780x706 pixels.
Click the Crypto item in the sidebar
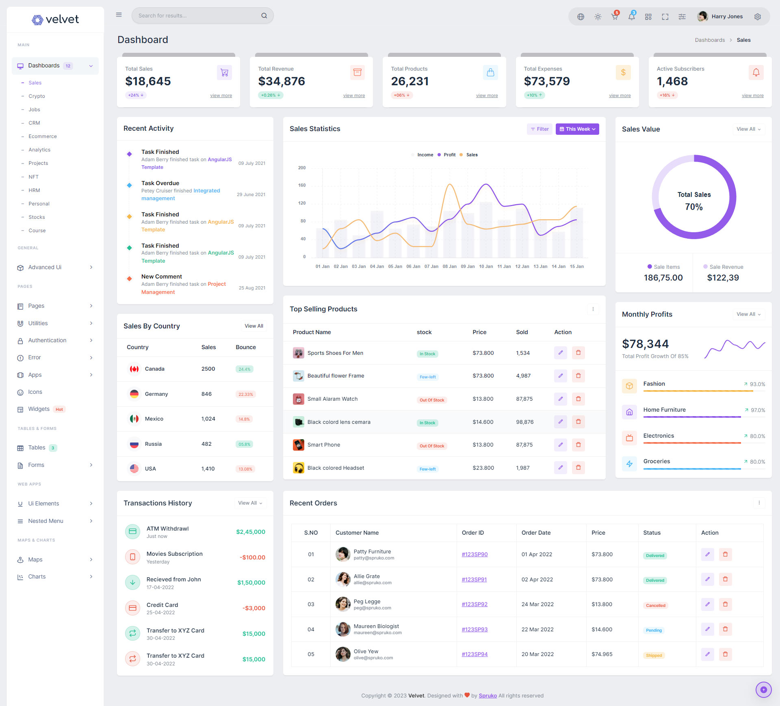coord(37,96)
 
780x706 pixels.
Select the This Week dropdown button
coord(577,129)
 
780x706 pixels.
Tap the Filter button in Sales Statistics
coord(540,129)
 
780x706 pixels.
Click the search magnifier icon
coord(264,16)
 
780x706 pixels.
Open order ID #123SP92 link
coord(474,604)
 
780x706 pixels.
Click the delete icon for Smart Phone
coord(578,445)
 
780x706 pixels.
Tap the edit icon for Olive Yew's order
coord(707,654)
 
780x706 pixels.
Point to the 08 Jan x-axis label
coord(449,266)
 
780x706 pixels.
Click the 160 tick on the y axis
coord(302,185)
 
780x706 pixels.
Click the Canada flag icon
coord(134,369)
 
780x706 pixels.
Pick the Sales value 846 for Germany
coord(206,394)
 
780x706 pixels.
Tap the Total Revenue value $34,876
coord(282,81)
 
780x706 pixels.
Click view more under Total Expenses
coord(620,95)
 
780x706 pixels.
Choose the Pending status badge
coord(654,630)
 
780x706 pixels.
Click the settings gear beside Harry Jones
coord(757,17)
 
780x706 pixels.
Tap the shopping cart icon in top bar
coord(614,17)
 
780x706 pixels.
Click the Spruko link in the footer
coord(487,695)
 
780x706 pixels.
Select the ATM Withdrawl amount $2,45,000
coord(251,532)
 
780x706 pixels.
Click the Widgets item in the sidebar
coord(39,409)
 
